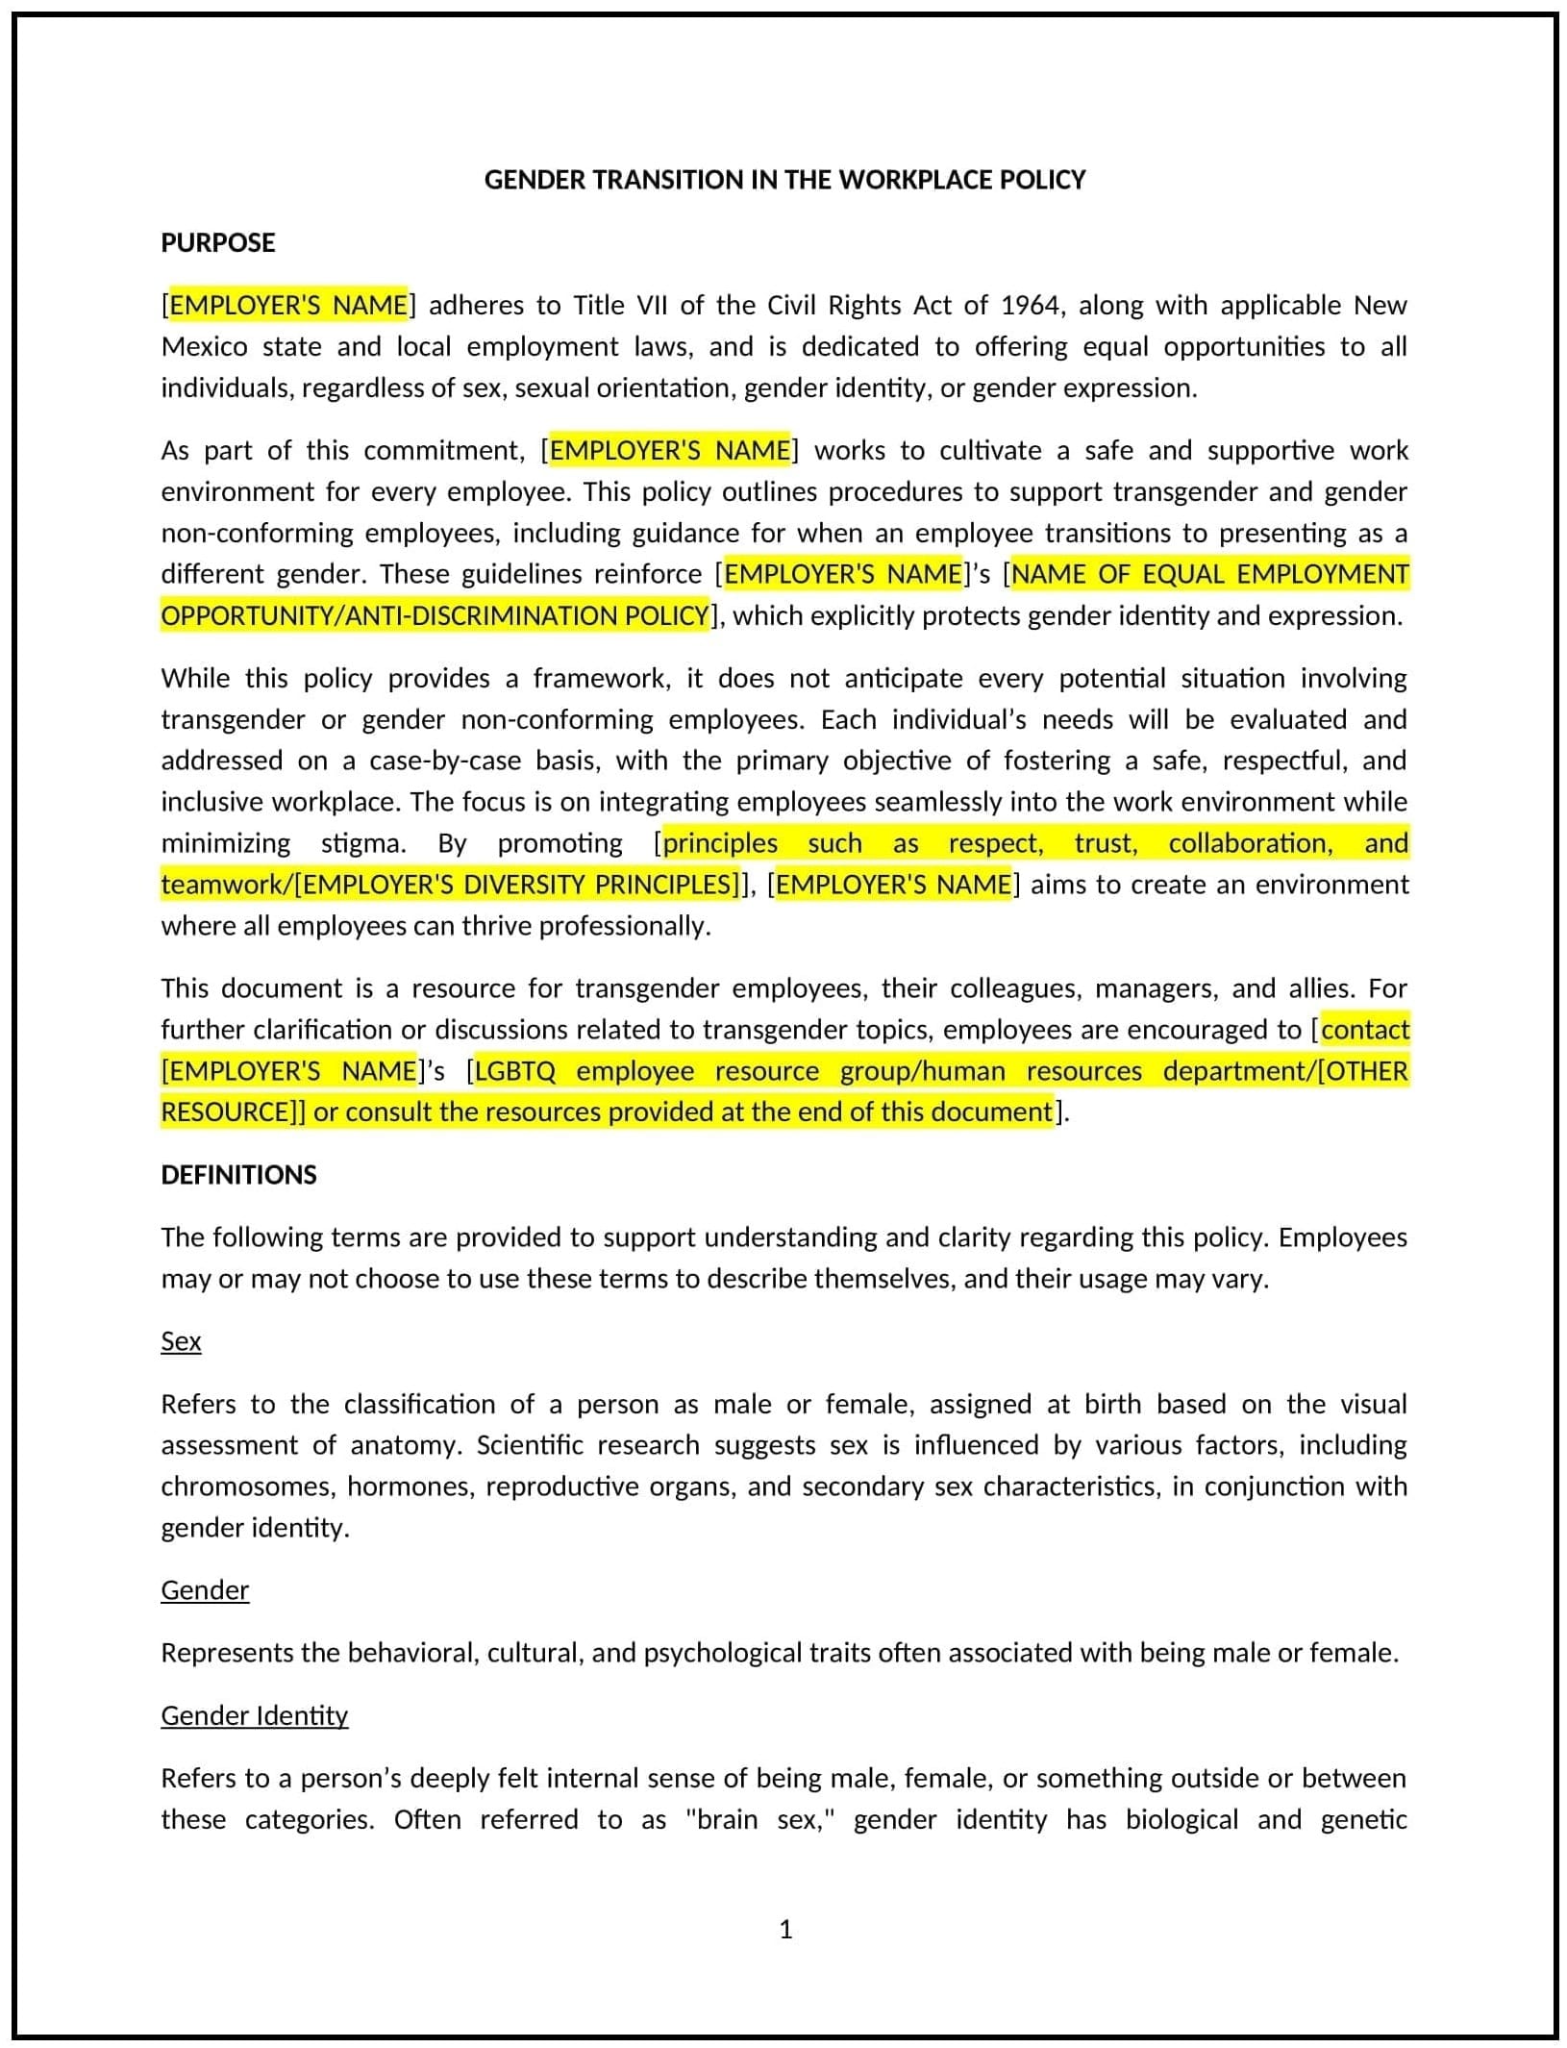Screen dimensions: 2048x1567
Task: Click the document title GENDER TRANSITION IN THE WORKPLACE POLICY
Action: point(783,180)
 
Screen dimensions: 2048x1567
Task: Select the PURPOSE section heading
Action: point(217,242)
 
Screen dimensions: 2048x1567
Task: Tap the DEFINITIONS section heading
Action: point(238,1174)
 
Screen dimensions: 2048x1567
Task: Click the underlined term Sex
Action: point(181,1340)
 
